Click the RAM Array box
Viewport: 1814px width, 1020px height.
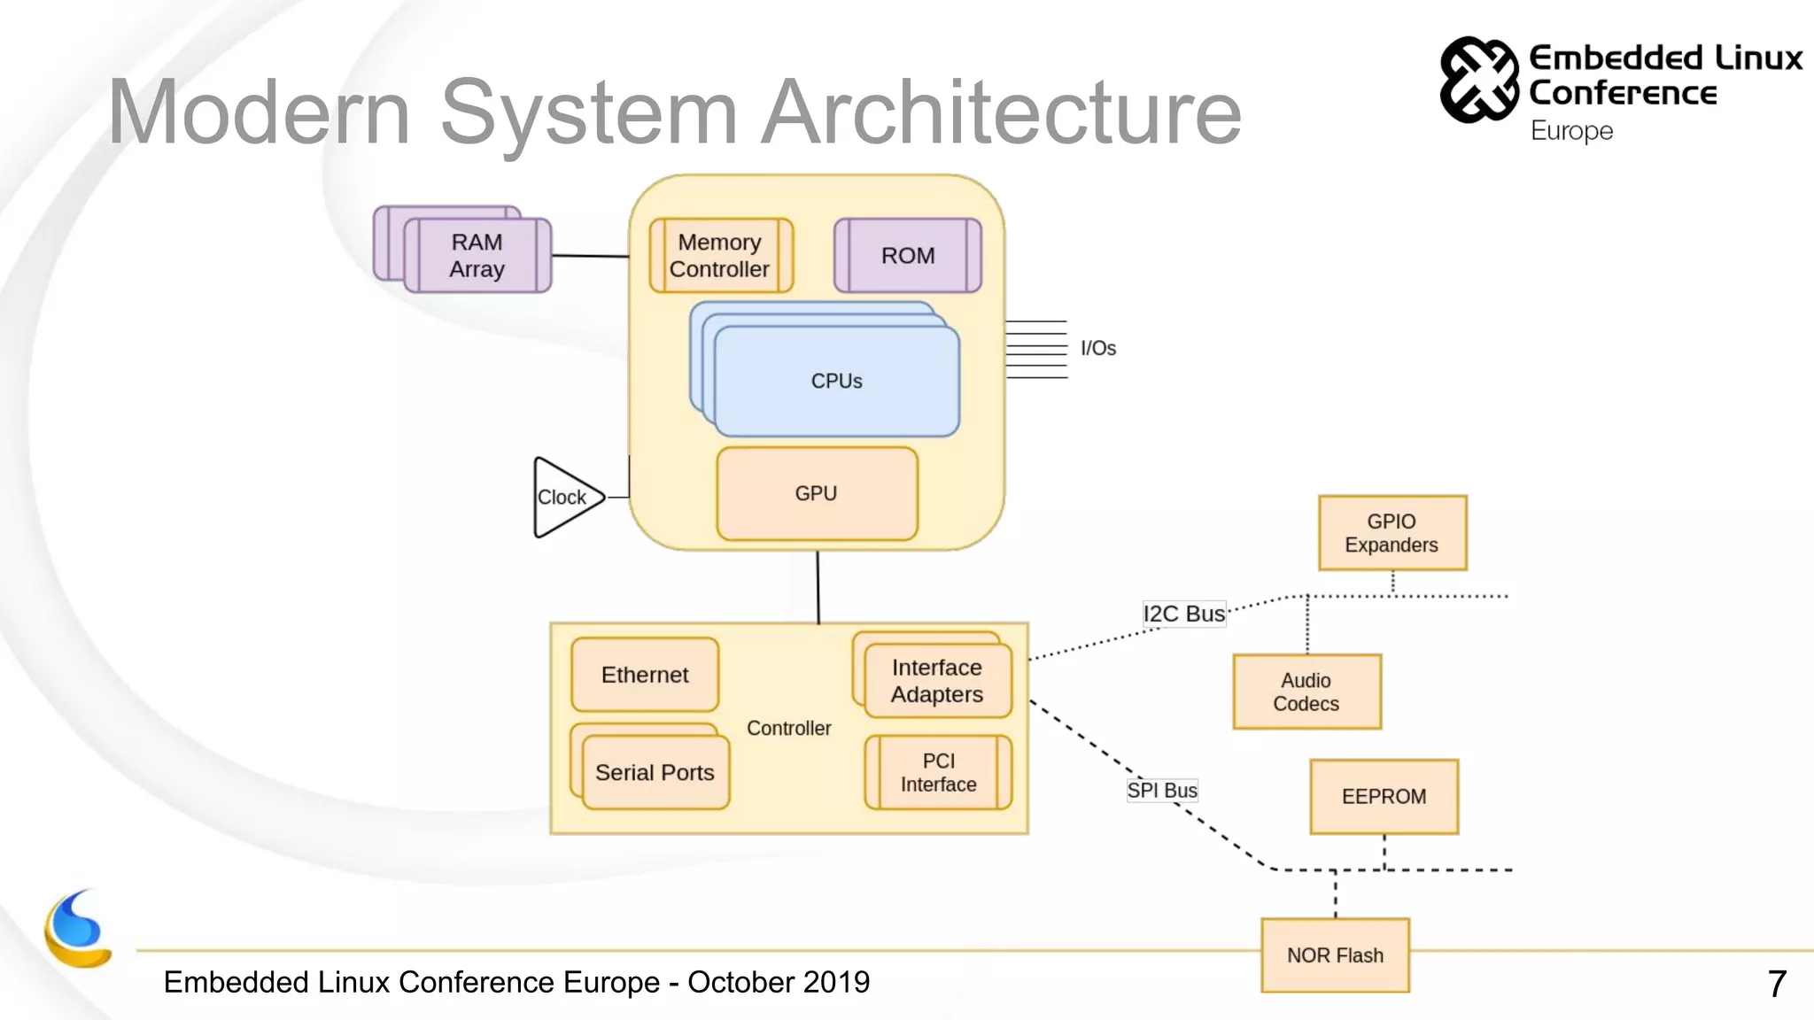(x=477, y=255)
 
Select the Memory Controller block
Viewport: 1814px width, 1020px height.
(x=720, y=255)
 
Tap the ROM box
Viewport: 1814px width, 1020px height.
(x=907, y=255)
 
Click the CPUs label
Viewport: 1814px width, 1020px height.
(x=836, y=381)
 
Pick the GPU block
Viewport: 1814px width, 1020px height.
(x=817, y=493)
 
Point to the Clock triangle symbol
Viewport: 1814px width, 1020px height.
(x=563, y=497)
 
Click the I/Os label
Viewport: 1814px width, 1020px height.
(x=1097, y=348)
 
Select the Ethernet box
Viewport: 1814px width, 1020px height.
(x=645, y=675)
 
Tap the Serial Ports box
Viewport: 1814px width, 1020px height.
(x=655, y=772)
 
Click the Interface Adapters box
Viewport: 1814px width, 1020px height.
(x=937, y=680)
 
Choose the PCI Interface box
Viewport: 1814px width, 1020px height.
(x=938, y=772)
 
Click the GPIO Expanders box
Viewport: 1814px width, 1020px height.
(x=1392, y=533)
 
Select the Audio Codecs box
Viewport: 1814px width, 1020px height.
(x=1306, y=692)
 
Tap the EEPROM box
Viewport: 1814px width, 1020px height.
(x=1384, y=796)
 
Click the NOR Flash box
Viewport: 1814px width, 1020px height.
(x=1335, y=954)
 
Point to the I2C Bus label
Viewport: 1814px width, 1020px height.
(x=1183, y=613)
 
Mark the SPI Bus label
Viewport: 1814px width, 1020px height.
(x=1161, y=790)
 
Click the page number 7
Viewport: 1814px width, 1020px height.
(x=1776, y=984)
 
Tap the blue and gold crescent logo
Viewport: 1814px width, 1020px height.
(x=78, y=930)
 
